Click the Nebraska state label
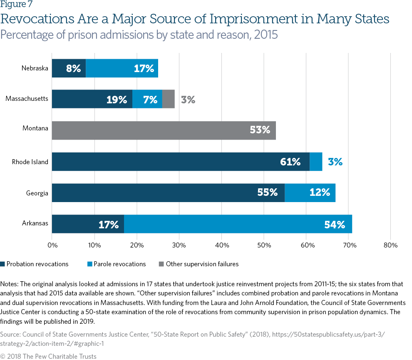(x=35, y=68)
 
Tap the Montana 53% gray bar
(x=164, y=130)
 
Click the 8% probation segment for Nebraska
(x=69, y=68)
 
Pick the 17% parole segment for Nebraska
(x=122, y=68)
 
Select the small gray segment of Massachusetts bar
(x=168, y=100)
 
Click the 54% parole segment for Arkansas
(x=238, y=224)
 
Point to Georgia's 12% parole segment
(x=310, y=193)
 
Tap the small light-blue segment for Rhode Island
(x=316, y=162)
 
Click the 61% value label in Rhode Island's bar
(x=290, y=162)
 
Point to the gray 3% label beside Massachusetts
(x=188, y=100)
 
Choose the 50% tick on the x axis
(x=264, y=245)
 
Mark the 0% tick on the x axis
(x=52, y=245)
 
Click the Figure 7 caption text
(x=17, y=5)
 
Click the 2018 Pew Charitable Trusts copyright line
(x=48, y=356)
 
